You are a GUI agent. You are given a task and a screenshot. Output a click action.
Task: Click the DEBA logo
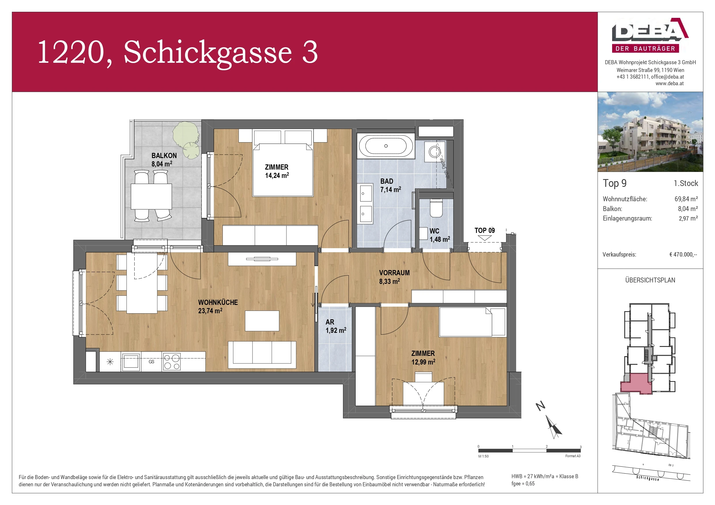coord(650,35)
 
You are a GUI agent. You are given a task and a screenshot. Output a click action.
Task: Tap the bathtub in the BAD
coord(386,146)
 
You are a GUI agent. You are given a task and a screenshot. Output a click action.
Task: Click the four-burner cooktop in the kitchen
coord(171,362)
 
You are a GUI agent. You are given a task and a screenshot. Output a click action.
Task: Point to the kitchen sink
coord(131,362)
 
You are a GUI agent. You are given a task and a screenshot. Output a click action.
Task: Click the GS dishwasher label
coord(151,362)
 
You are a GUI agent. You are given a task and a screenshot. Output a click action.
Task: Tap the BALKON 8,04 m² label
coord(163,160)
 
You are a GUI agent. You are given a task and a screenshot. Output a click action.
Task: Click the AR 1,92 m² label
coord(335,326)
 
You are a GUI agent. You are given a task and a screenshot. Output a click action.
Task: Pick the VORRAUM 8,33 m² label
coord(394,277)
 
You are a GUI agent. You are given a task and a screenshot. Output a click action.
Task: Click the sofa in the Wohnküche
coord(262,355)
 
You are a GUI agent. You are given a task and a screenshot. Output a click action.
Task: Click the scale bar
coord(529,451)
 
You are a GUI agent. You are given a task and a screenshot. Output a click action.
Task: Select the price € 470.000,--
coord(683,255)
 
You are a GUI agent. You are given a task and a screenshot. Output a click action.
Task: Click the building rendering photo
coord(650,132)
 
